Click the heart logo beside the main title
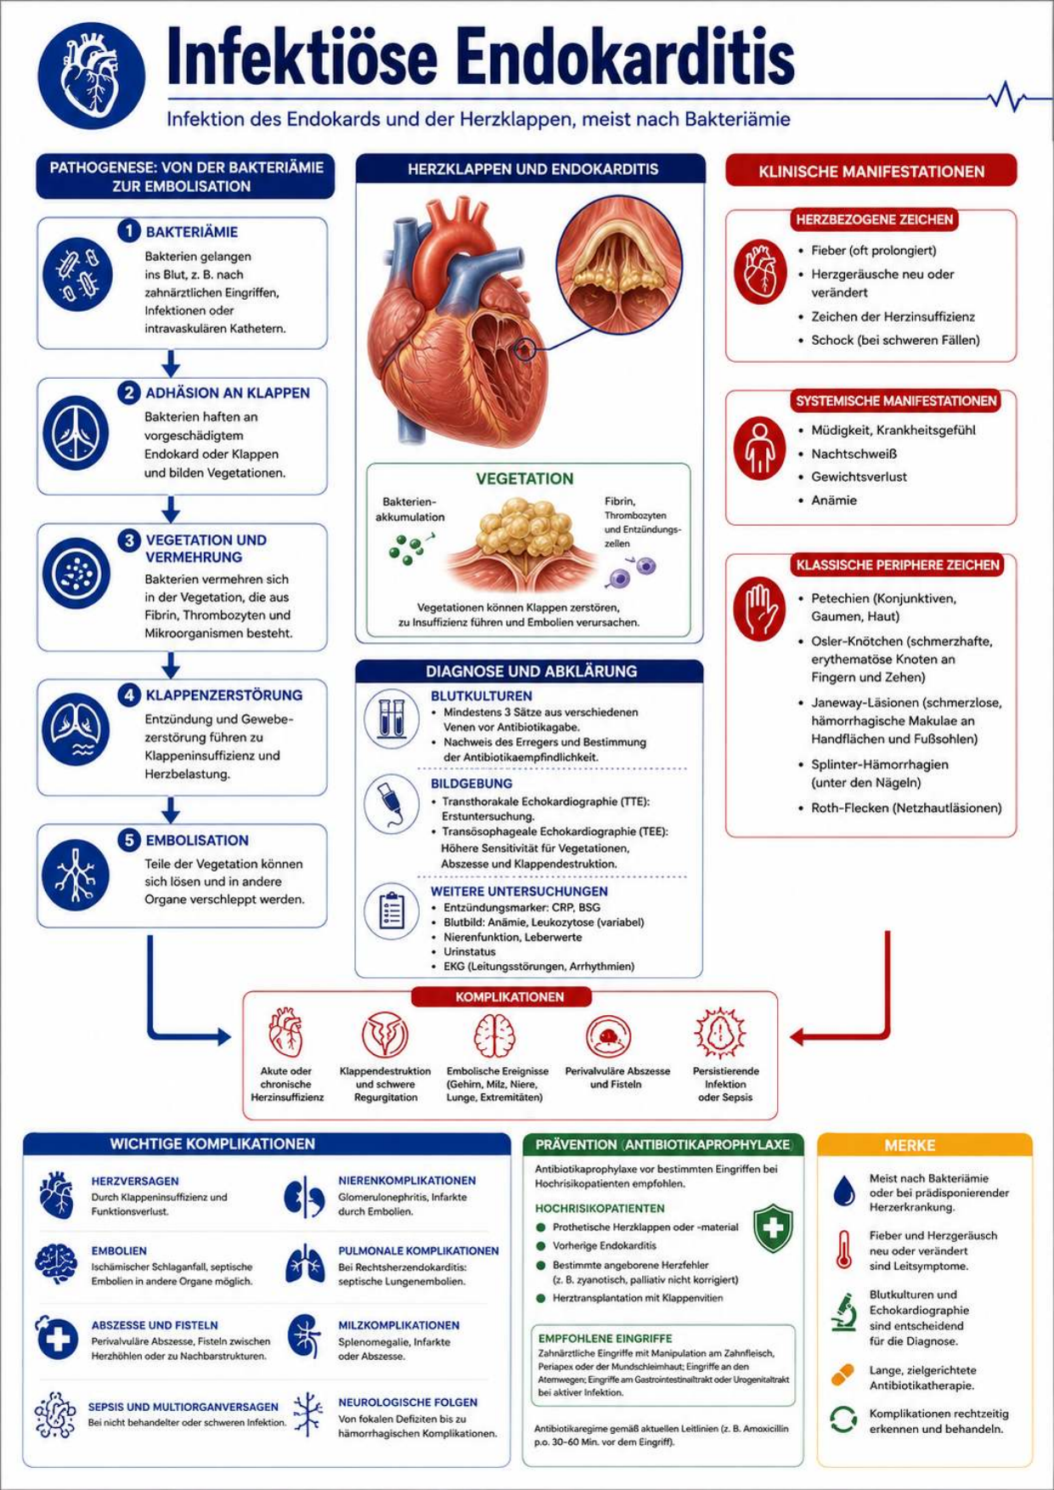(91, 76)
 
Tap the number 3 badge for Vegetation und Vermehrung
(129, 540)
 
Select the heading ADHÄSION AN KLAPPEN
(228, 393)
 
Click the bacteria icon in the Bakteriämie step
(77, 274)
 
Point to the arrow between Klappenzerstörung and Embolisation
(171, 810)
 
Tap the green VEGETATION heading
(524, 479)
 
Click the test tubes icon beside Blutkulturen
(392, 719)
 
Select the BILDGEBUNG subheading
(471, 783)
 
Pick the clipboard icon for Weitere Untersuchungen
(392, 911)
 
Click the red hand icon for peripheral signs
(760, 609)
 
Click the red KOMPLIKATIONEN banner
(510, 996)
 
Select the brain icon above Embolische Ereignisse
(495, 1035)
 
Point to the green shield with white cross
(773, 1228)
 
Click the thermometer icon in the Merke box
(843, 1250)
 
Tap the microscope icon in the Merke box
(843, 1312)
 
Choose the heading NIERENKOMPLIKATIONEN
(407, 1181)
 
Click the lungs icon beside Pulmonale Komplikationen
(305, 1265)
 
